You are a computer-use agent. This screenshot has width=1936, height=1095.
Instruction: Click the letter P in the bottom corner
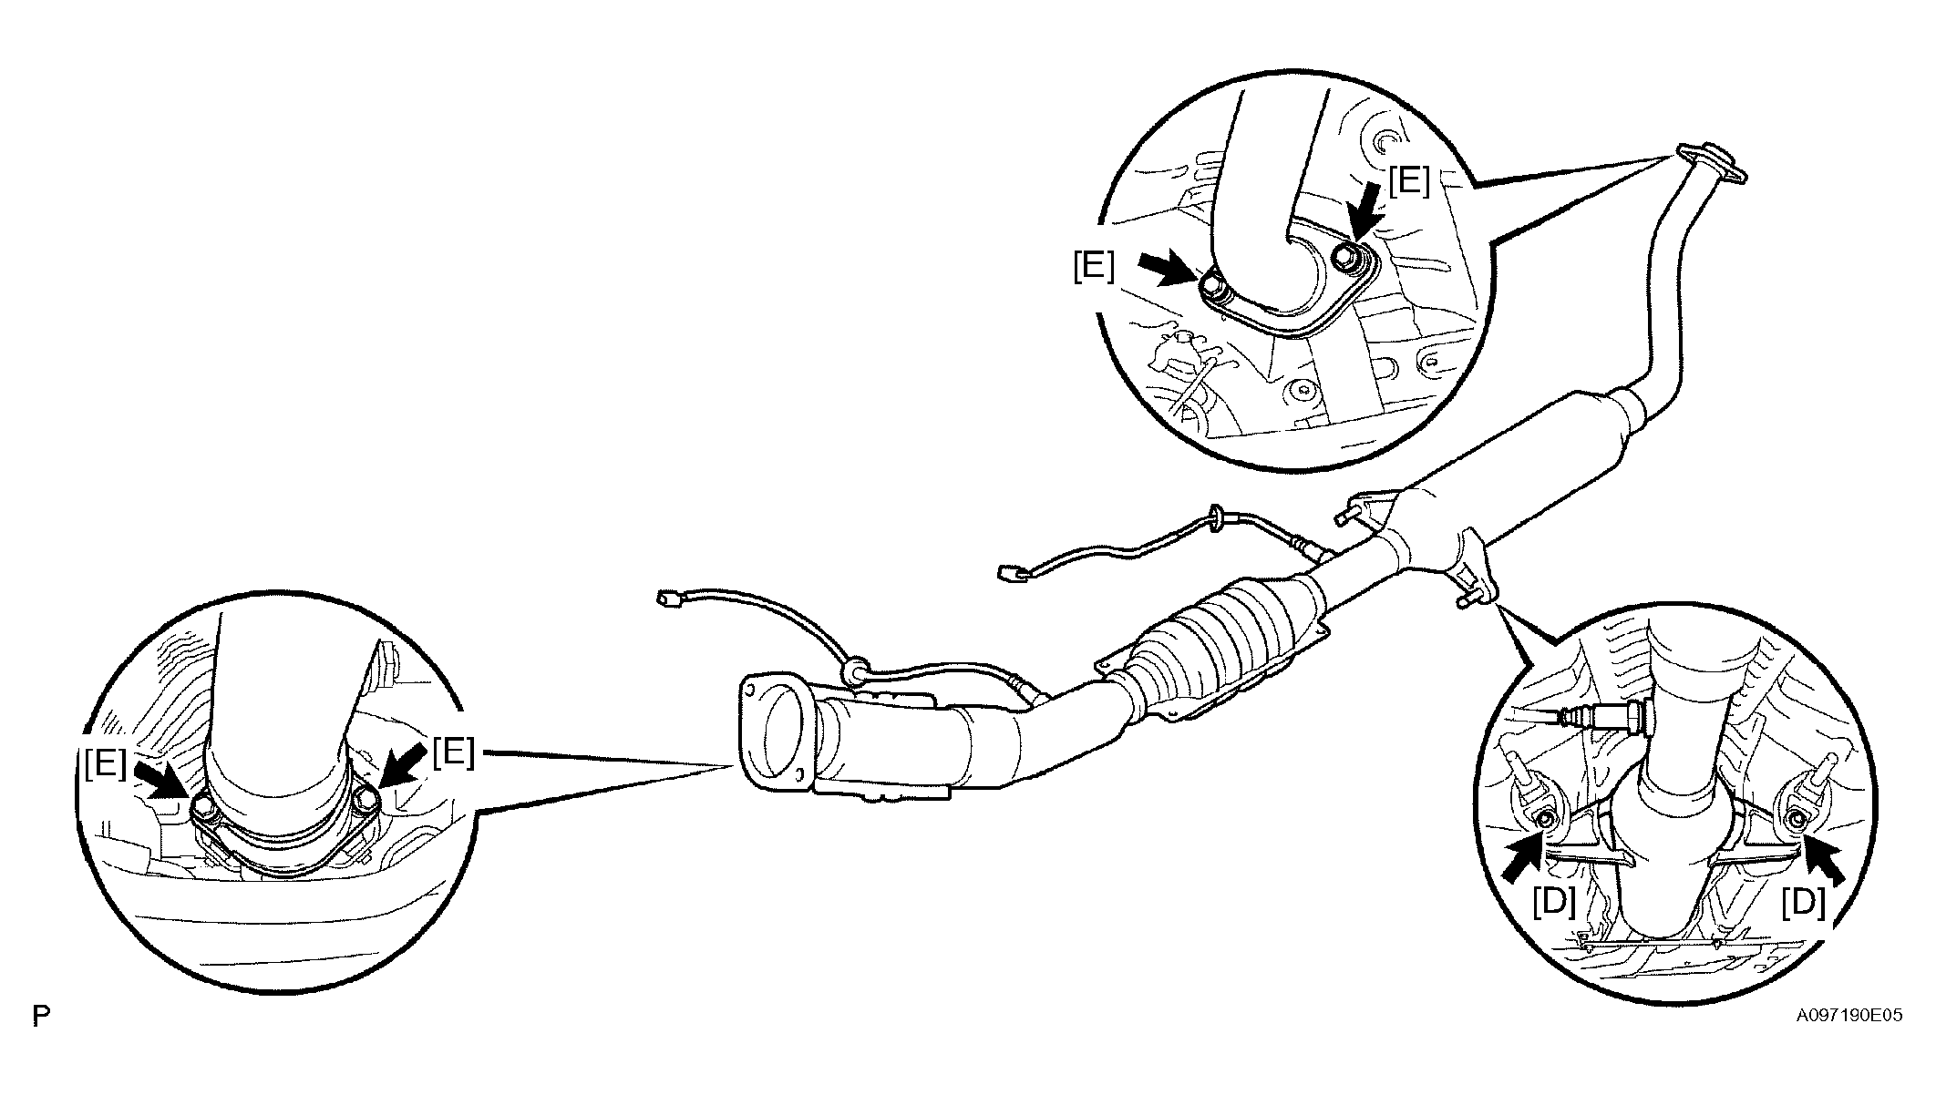coord(40,1017)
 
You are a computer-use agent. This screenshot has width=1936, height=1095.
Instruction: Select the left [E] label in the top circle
coord(1094,268)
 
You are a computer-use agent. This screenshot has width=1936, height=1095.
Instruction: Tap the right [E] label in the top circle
coord(1409,182)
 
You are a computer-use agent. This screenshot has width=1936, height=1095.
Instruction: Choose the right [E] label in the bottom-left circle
coord(454,752)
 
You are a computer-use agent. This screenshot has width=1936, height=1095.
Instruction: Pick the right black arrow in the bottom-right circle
coord(1822,861)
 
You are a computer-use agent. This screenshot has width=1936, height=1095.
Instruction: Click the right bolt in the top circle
coord(1346,258)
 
